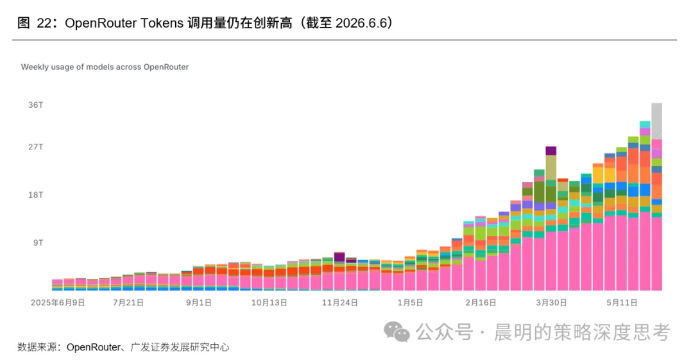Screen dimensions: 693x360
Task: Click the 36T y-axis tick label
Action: [36, 105]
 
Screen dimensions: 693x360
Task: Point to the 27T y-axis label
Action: [36, 147]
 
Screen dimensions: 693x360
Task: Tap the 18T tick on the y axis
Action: [36, 194]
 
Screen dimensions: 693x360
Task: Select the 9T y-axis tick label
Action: [38, 243]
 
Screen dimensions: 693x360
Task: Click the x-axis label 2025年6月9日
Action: [58, 303]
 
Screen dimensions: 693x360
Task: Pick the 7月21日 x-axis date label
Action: [128, 303]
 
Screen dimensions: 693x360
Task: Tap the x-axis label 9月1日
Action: [199, 303]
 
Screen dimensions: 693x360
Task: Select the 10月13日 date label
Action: [269, 303]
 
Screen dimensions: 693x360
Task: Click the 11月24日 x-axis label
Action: [340, 303]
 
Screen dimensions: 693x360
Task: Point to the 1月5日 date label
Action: [411, 303]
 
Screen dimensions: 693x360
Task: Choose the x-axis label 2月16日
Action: [481, 303]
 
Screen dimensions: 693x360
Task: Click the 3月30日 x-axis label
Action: [552, 303]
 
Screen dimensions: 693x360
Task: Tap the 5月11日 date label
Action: [622, 303]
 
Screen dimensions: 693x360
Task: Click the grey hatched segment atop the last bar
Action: [657, 121]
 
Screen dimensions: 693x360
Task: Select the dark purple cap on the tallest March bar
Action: [551, 151]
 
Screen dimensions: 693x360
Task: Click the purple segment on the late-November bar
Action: [339, 257]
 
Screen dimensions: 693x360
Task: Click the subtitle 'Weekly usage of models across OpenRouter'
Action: [105, 67]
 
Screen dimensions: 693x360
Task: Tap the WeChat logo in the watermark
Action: [397, 332]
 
